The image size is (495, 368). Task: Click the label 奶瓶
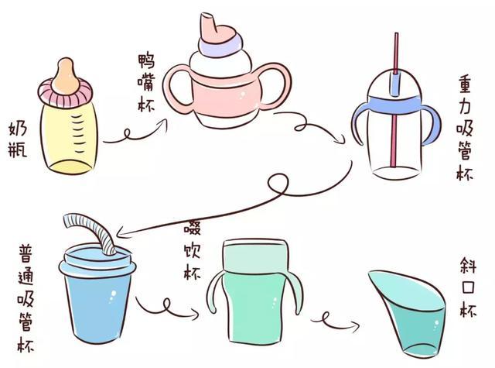(17, 139)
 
